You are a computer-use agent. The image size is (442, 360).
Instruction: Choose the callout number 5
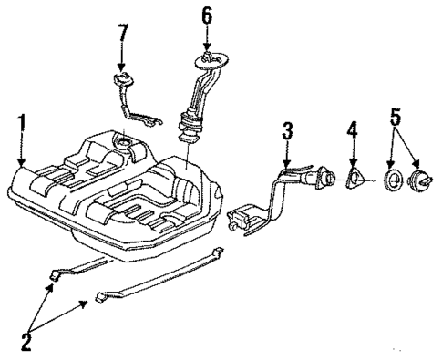pyautogui.click(x=395, y=118)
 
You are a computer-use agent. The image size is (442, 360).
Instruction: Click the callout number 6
pyautogui.click(x=207, y=15)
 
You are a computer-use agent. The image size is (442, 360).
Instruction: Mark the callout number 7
pyautogui.click(x=123, y=36)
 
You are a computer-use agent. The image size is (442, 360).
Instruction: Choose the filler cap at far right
pyautogui.click(x=422, y=180)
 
